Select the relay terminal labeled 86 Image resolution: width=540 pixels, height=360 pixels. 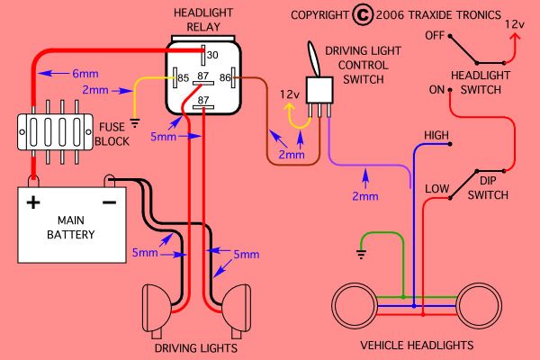227,78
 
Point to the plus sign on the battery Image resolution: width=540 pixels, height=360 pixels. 33,202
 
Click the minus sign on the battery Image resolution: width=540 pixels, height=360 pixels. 109,202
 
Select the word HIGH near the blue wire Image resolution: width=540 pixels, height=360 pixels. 437,135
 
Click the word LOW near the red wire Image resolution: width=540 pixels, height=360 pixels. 436,188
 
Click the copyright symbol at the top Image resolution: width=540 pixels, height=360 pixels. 362,15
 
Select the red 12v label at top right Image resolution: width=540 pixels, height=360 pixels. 516,22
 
